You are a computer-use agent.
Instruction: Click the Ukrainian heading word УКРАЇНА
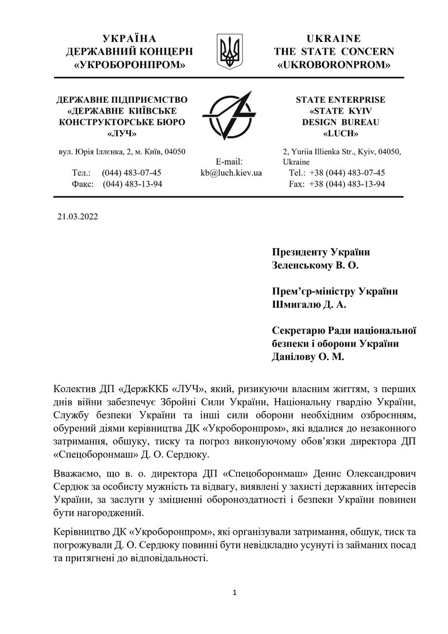click(129, 38)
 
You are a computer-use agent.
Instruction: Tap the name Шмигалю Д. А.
click(308, 304)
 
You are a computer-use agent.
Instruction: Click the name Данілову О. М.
click(310, 357)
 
